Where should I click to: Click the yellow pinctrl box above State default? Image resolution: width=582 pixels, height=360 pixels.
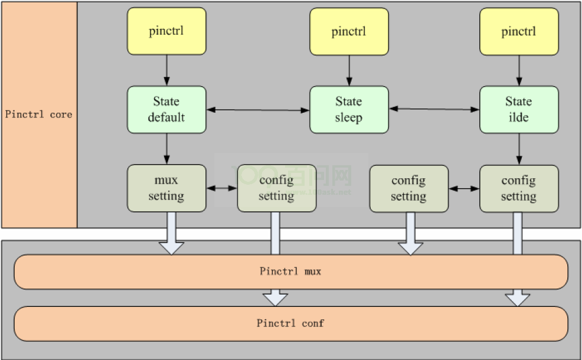166,31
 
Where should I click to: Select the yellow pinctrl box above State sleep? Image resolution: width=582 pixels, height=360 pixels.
349,31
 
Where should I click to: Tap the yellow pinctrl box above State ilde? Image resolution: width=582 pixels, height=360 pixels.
518,31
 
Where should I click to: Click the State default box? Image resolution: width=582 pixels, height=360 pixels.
166,109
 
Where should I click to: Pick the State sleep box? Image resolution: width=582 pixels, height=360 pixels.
349,109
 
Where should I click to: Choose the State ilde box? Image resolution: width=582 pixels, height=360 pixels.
518,109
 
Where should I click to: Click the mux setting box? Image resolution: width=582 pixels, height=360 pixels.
166,188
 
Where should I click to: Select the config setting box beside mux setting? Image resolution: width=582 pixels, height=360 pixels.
276,188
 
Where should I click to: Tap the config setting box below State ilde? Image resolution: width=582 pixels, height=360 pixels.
518,188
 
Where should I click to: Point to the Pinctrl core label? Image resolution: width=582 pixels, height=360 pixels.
39,114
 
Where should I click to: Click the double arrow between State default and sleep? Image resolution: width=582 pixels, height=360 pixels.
258,110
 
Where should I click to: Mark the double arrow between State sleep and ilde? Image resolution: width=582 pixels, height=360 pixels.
434,109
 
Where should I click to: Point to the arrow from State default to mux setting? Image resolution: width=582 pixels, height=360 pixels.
166,148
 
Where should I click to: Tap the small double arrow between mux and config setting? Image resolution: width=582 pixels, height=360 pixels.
222,188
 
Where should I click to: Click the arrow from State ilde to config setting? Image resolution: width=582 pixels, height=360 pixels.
519,148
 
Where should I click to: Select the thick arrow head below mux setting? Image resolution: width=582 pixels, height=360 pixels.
171,247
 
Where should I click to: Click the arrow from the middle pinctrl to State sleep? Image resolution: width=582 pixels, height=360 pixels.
349,70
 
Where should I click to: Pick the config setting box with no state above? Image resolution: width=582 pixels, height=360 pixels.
408,188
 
